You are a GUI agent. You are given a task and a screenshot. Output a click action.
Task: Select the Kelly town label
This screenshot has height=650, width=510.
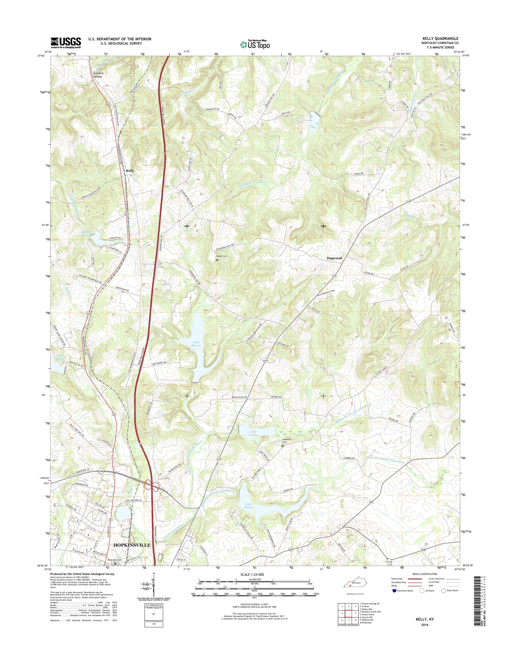[x=130, y=171]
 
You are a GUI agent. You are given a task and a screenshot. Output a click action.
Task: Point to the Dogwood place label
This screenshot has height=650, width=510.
[x=334, y=258]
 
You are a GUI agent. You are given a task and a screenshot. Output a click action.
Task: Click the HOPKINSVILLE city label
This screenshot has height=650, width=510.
[x=132, y=545]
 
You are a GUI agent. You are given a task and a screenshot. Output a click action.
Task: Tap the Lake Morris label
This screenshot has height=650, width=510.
[x=196, y=344]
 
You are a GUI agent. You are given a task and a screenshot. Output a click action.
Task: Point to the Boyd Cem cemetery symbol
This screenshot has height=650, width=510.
[x=217, y=260]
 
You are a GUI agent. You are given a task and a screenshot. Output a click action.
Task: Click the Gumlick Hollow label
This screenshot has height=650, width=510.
[x=97, y=75]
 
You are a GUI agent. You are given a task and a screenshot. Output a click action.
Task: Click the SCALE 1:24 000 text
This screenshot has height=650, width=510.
[x=252, y=574]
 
